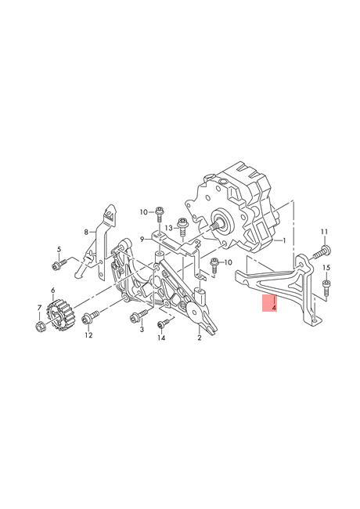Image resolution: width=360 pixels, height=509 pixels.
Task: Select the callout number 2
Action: coord(199,338)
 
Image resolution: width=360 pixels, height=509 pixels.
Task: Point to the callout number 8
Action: coord(88,232)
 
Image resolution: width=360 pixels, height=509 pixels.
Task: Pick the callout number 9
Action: coord(142,239)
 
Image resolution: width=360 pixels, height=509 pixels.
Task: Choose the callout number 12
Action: coord(88,335)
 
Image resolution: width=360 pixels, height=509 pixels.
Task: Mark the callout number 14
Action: coord(161,338)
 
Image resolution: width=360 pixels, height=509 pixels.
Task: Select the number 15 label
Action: coord(326,269)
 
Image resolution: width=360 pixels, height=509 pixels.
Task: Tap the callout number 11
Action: coord(325,233)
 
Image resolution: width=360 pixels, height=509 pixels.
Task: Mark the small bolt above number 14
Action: coord(163,323)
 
